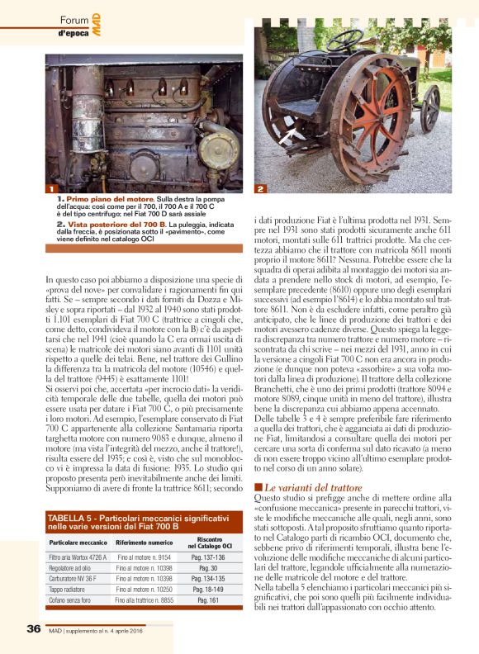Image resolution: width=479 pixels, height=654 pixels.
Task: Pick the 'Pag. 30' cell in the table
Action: coord(209,566)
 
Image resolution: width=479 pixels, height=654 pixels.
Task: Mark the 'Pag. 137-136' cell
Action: coord(209,557)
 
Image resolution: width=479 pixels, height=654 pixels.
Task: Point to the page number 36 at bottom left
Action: coord(34,629)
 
